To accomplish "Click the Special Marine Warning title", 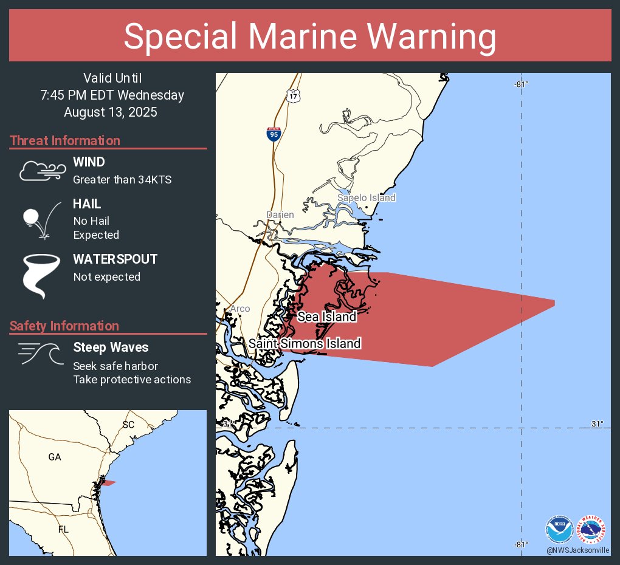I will point(310,36).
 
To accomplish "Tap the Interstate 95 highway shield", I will point(274,134).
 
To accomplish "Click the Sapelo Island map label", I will point(367,197).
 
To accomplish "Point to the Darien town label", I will point(280,214).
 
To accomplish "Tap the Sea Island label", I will point(326,317).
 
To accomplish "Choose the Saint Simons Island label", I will point(305,343).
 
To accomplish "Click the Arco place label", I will point(239,309).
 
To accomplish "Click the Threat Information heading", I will point(65,141).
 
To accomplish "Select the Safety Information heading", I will point(64,326).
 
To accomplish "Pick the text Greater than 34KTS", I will point(122,180).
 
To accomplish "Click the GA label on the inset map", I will point(55,457).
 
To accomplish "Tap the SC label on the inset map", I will point(128,425).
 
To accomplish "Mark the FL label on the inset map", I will point(63,529).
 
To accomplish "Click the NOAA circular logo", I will point(559,529).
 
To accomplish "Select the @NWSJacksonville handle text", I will point(577,550).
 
